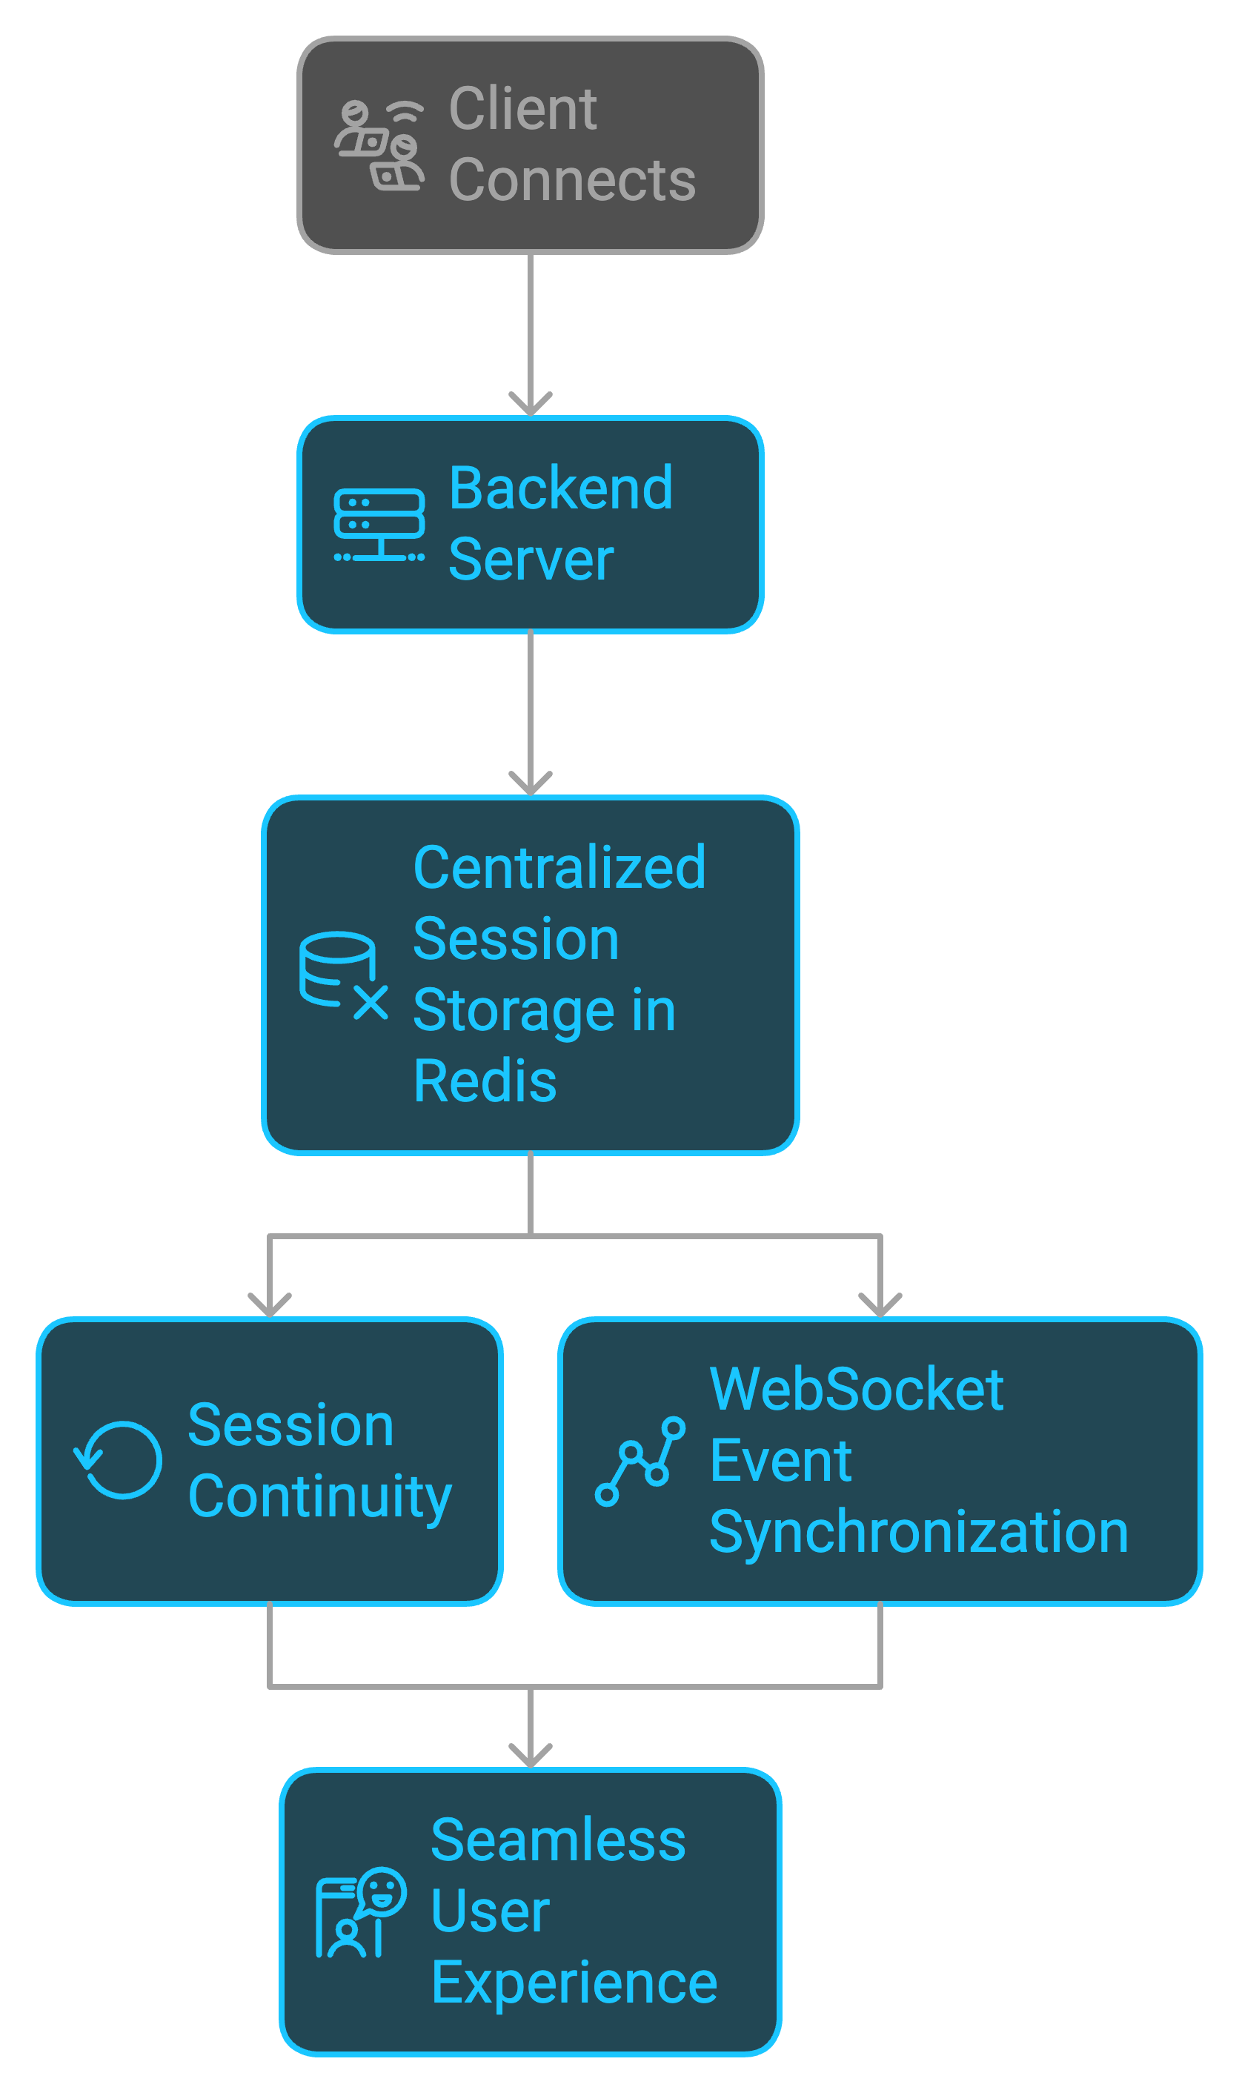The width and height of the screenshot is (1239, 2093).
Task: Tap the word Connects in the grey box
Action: click(x=572, y=180)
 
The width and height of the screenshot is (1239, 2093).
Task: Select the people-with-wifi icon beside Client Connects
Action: click(x=379, y=145)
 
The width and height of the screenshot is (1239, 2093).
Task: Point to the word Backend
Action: click(x=560, y=488)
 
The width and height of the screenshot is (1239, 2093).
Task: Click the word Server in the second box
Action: click(x=531, y=560)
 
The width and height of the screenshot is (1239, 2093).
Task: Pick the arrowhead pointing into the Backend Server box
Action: click(x=530, y=404)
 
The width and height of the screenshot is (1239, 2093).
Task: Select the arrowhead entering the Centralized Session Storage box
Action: click(x=530, y=783)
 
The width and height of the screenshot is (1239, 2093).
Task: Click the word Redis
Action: click(x=484, y=1081)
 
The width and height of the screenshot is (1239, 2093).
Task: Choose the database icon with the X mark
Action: click(x=342, y=975)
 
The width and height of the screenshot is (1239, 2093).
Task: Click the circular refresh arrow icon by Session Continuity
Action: click(x=119, y=1460)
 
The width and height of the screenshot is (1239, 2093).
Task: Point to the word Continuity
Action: click(x=320, y=1497)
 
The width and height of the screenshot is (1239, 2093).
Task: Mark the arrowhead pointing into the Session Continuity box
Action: click(x=269, y=1305)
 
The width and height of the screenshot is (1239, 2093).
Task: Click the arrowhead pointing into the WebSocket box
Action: click(x=880, y=1305)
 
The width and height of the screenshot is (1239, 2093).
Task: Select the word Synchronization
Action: click(x=918, y=1532)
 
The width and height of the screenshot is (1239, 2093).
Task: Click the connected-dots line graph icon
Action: click(x=640, y=1461)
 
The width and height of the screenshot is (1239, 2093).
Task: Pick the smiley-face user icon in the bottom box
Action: click(x=361, y=1912)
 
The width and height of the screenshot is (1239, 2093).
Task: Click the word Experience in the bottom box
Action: click(x=574, y=1983)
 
